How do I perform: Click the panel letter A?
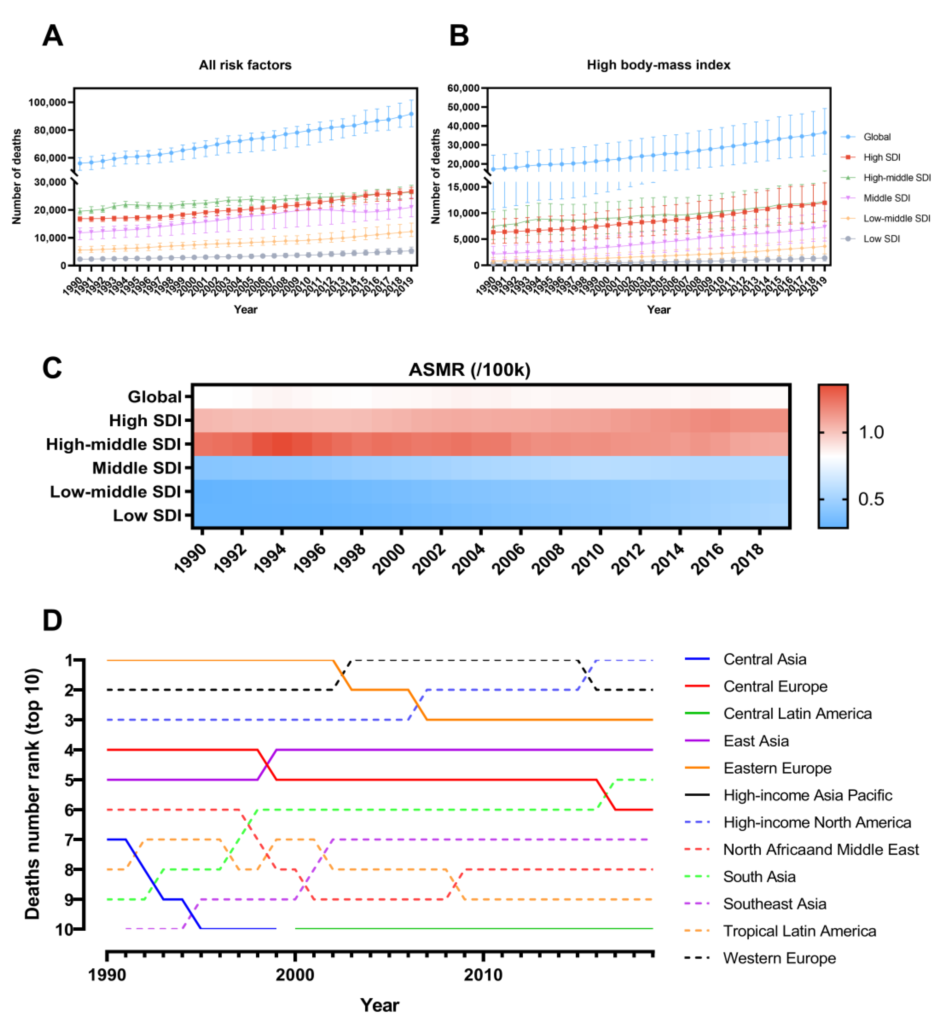(x=53, y=36)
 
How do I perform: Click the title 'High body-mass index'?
(x=658, y=65)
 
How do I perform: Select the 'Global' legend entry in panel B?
(x=876, y=137)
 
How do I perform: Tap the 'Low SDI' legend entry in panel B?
(x=881, y=238)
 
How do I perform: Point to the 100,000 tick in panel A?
(x=47, y=103)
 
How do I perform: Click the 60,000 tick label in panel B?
(x=463, y=88)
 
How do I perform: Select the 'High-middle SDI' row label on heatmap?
(x=113, y=444)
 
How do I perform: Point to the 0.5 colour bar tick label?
(x=871, y=499)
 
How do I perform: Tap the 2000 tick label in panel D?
(x=295, y=975)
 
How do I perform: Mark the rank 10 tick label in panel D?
(x=64, y=930)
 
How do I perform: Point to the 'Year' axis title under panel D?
(x=379, y=1005)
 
